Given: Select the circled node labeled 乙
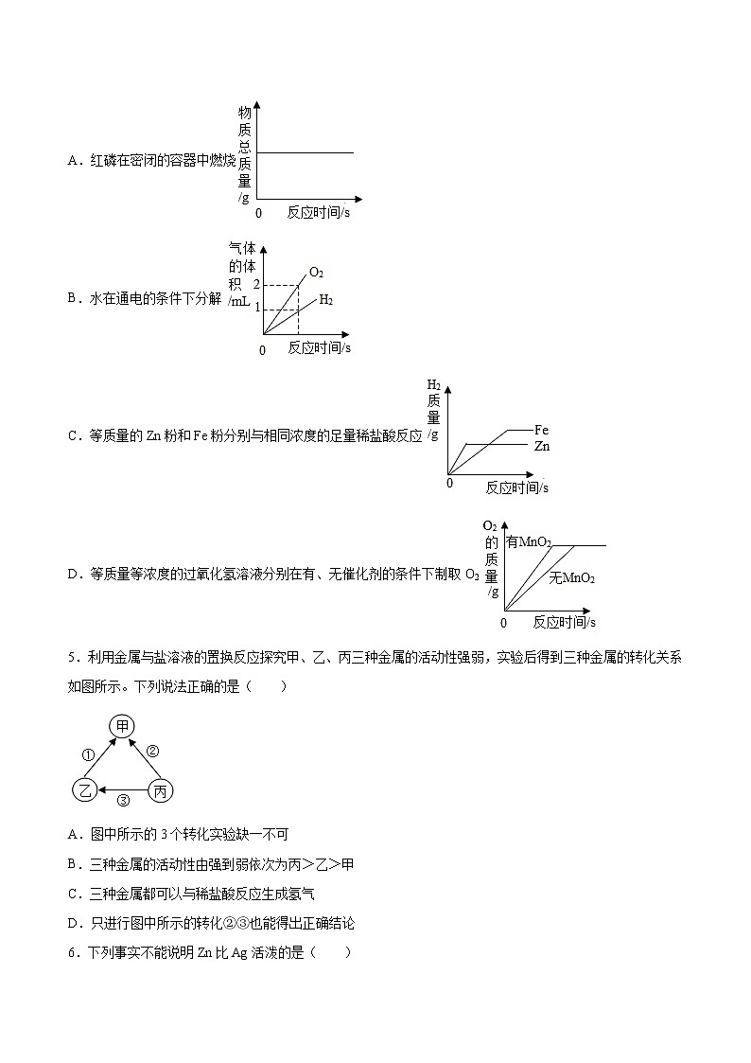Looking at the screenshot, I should [85, 790].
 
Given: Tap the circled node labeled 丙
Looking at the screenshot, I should [161, 790].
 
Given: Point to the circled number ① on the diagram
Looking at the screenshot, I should [87, 755].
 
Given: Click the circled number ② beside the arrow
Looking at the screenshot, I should [152, 752].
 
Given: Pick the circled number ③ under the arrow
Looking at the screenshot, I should [123, 801].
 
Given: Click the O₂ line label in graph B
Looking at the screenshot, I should [316, 274].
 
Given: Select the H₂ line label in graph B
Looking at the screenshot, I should [325, 299].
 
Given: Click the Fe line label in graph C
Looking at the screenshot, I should [541, 430].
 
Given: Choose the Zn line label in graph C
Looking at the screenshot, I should [541, 446].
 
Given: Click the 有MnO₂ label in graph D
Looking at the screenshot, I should [529, 542].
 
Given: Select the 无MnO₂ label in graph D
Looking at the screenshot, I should [572, 578].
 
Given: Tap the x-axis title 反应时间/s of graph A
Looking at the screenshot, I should [319, 213].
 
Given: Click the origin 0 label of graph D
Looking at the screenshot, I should [503, 623].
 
